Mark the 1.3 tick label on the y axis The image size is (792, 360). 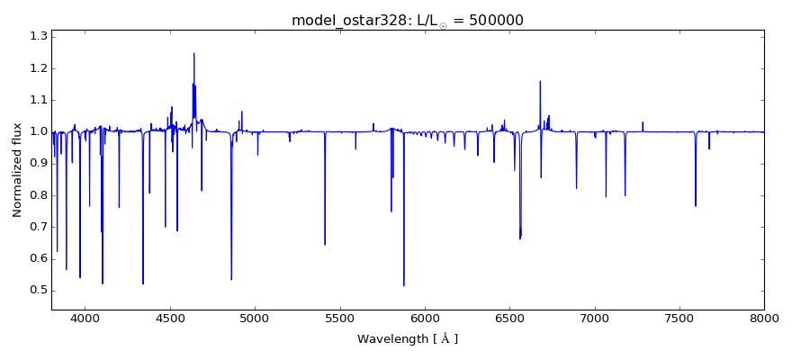[37, 37]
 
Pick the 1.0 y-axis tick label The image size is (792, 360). [37, 131]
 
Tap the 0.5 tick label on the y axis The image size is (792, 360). [37, 290]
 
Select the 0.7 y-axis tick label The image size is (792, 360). [37, 227]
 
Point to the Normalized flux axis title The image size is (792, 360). [17, 170]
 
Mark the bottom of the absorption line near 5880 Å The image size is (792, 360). [403, 285]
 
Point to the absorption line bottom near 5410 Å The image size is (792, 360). [325, 244]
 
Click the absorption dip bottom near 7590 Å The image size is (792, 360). [695, 206]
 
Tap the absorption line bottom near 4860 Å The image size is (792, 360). [231, 279]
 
